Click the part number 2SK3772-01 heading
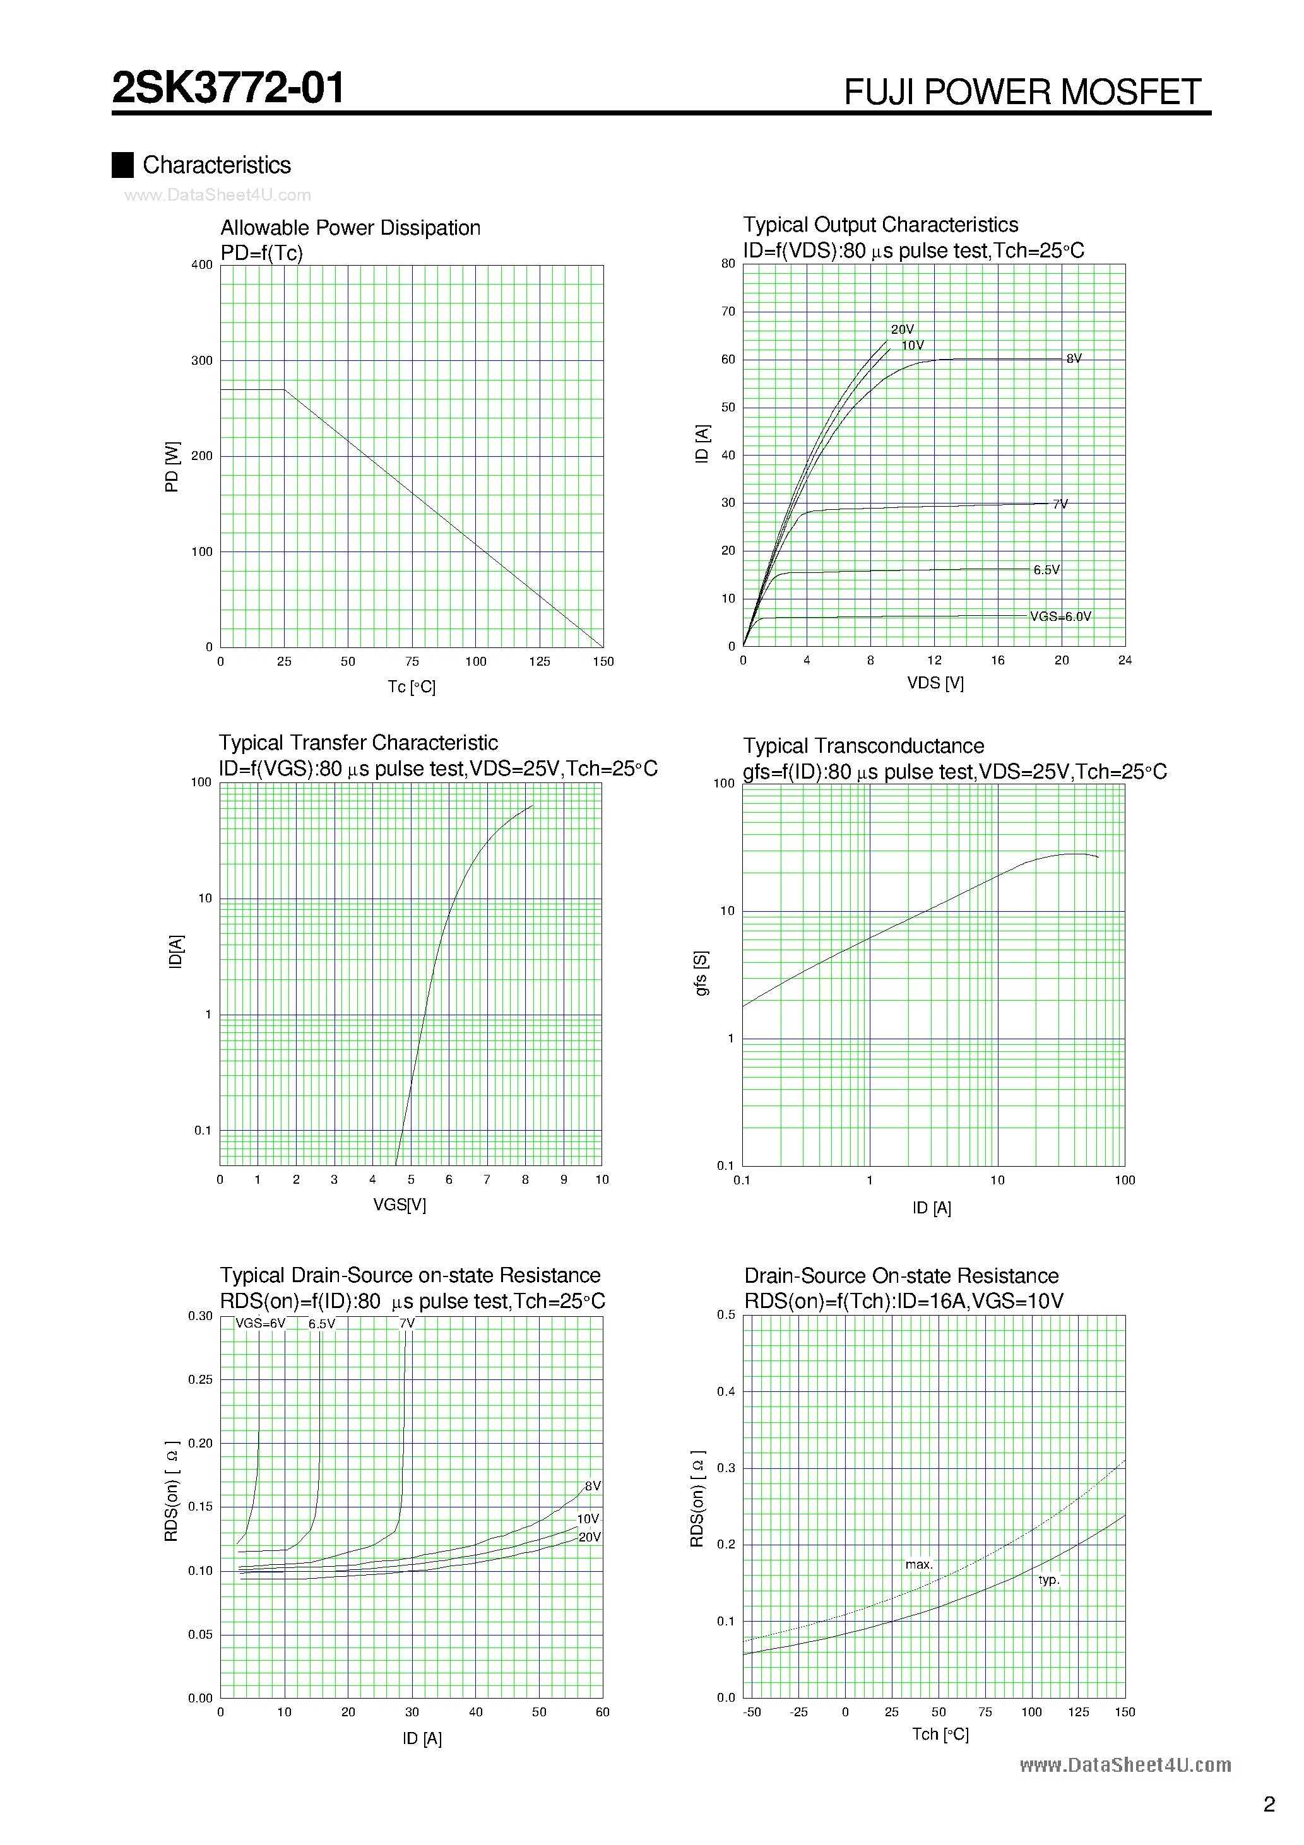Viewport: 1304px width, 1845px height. (228, 88)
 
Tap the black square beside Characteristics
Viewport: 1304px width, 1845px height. (122, 165)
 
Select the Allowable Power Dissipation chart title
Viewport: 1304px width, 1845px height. (350, 228)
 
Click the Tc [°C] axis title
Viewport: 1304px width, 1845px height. (412, 687)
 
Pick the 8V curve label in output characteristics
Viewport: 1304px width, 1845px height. (1074, 358)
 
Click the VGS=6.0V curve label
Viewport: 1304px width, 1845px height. (1060, 616)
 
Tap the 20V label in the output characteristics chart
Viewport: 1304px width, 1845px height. (902, 329)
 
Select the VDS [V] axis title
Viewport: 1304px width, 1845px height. (935, 683)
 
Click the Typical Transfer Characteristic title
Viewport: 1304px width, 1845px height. (359, 743)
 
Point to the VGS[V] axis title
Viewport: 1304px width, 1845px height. (400, 1205)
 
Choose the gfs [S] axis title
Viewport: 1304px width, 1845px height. (702, 973)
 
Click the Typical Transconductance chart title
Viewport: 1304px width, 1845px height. (863, 746)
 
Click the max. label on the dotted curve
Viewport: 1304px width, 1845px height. (919, 1565)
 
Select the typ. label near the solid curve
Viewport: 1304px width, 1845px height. (1048, 1580)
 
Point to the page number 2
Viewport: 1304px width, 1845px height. (1269, 1805)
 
